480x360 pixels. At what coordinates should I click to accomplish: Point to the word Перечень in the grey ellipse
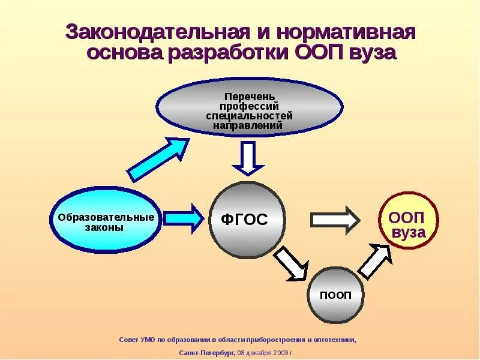point(250,96)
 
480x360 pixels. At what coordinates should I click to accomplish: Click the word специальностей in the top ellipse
point(250,116)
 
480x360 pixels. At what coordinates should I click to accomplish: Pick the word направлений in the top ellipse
point(250,126)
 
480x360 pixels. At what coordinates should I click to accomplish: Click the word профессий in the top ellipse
point(250,106)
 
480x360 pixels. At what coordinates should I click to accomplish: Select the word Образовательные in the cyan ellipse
point(106,217)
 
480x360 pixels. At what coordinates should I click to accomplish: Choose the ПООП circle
point(335,295)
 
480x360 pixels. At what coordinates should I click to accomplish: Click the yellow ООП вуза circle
point(408,221)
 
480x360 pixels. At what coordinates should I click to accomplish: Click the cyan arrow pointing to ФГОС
point(184,218)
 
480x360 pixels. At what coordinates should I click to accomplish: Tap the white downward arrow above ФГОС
point(248,158)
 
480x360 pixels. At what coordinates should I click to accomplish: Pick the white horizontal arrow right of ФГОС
point(334,220)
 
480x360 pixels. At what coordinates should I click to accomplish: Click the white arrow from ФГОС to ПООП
point(290,263)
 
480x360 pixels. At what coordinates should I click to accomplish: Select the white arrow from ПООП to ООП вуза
point(375,262)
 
